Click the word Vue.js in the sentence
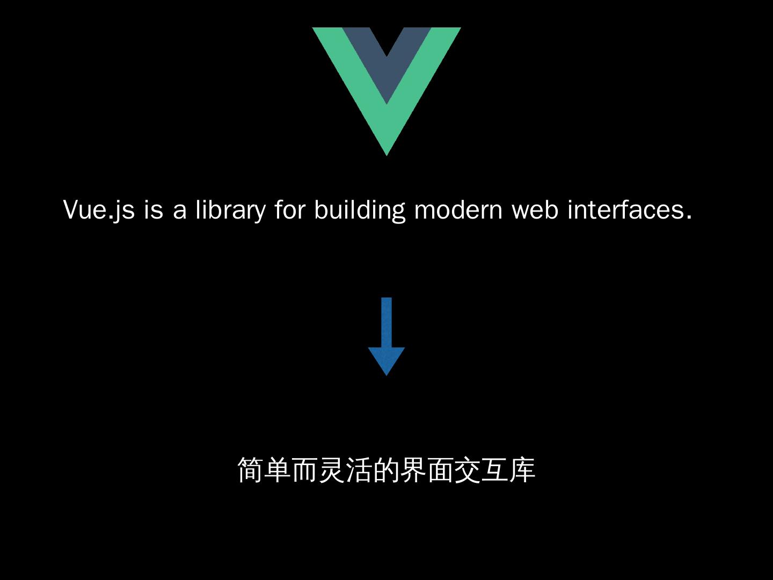99,209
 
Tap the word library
230,210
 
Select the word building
360,210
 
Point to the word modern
458,209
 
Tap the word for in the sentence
290,209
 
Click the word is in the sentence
153,209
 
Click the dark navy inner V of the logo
386,59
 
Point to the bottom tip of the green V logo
386,151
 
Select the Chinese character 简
251,470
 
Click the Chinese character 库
522,470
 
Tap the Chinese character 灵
332,470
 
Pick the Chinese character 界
414,470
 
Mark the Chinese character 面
441,470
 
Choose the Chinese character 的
386,470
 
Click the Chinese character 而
305,470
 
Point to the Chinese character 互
495,470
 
